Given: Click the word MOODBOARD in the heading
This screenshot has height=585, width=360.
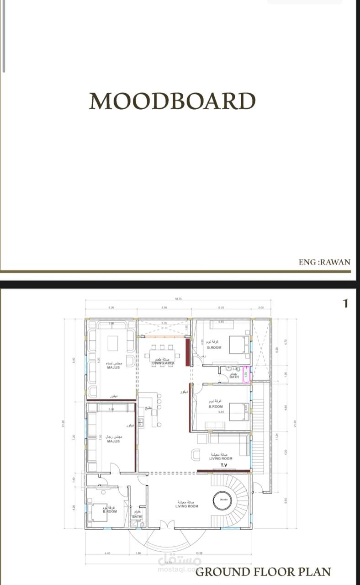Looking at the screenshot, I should coord(172,101).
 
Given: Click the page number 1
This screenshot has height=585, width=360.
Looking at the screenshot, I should coord(346,303).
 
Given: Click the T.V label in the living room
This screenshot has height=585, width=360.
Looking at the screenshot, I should coord(224,465).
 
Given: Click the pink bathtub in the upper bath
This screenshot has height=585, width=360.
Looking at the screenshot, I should coord(246,373).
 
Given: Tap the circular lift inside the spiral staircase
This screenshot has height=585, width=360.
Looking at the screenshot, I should coord(224,500).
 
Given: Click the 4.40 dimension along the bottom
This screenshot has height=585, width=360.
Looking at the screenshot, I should coord(107,553).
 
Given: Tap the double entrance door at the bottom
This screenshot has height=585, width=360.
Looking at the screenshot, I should coord(168,524).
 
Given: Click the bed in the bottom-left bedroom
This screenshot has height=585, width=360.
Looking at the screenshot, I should coord(98,512).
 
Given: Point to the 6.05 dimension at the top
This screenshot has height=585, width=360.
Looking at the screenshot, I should coord(221,308).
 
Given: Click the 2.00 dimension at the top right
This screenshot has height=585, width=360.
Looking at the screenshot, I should coord(261,308).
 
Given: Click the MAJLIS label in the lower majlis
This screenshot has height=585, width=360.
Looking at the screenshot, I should coord(113,441).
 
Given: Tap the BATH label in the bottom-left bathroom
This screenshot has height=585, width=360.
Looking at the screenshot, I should coord(137,517).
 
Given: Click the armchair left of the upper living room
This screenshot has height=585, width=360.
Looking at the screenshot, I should coord(196,455).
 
